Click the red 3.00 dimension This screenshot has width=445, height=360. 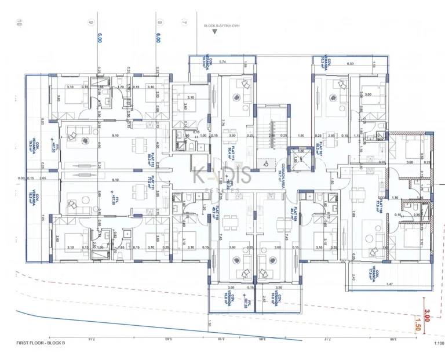pos(427,316)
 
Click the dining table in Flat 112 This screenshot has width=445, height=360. pos(137,144)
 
